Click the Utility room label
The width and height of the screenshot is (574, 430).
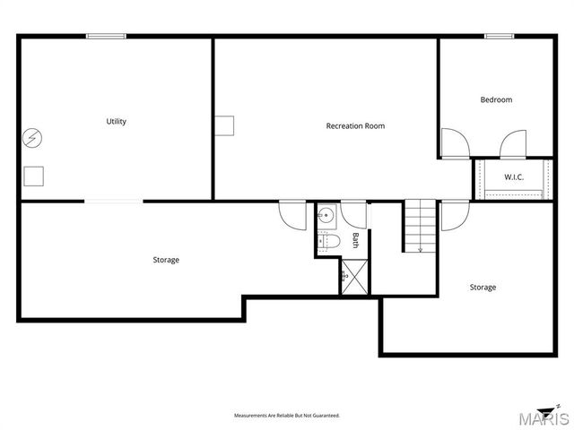point(116,122)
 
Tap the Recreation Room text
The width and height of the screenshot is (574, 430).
point(355,126)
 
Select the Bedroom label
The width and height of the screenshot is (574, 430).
point(496,99)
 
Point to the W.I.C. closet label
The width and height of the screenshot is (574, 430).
point(513,177)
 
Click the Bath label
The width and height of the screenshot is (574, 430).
point(355,239)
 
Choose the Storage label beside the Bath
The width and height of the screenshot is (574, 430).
point(166,260)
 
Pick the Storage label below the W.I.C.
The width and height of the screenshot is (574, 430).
point(483,288)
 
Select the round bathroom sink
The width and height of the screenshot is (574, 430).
point(326,215)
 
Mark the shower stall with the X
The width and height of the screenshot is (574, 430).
point(354,276)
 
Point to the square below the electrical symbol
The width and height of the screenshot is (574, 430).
point(33,176)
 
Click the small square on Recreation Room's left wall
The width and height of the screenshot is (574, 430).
point(223,126)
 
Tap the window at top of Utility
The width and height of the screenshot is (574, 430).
point(106,36)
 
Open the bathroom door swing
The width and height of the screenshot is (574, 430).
point(353,214)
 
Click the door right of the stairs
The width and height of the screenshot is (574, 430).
point(454,215)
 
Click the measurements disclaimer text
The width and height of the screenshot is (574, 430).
point(287,417)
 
